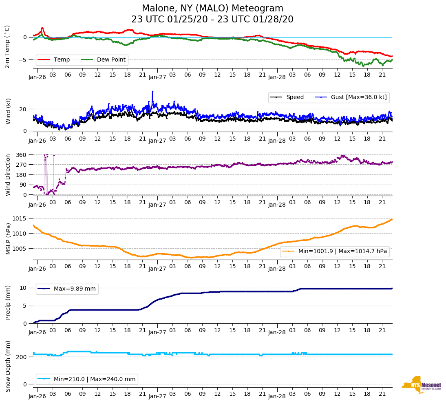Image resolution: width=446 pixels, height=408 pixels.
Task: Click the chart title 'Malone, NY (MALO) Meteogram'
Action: (212, 8)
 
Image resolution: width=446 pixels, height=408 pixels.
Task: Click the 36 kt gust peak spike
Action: (152, 92)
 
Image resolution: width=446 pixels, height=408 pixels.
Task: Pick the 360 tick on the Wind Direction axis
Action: (21, 155)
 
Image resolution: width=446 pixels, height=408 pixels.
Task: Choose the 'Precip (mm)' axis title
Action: (8, 302)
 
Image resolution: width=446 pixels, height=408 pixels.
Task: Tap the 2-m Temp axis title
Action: (7, 46)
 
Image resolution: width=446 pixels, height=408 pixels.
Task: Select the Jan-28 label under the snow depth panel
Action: (277, 396)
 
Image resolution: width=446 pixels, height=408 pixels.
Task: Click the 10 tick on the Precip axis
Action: (24, 288)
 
